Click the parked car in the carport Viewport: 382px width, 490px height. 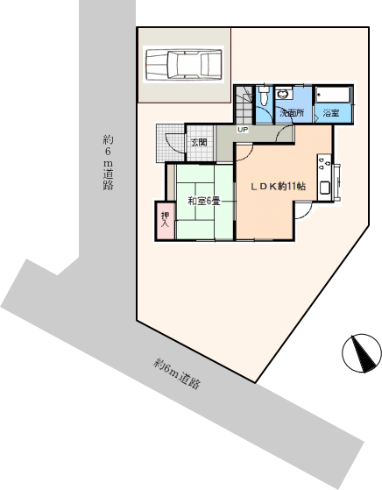pyautogui.click(x=184, y=64)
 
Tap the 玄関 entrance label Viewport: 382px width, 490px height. pyautogui.click(x=199, y=143)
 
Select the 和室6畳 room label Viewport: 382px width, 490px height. pyautogui.click(x=204, y=201)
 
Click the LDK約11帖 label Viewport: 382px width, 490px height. pyautogui.click(x=279, y=186)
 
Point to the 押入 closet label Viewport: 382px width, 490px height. pyautogui.click(x=165, y=220)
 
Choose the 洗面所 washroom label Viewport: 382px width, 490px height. pyautogui.click(x=292, y=113)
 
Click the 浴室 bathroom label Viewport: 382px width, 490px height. pyautogui.click(x=331, y=113)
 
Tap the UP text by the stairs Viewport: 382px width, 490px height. pyautogui.click(x=243, y=130)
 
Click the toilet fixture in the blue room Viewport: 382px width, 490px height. pyautogui.click(x=264, y=96)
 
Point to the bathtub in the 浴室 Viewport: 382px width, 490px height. pyautogui.click(x=333, y=95)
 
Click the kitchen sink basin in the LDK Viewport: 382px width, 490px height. pyautogui.click(x=325, y=188)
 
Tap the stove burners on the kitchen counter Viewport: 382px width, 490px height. pyautogui.click(x=324, y=163)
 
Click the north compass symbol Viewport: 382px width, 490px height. pyautogui.click(x=362, y=352)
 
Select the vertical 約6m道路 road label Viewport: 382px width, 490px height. pyautogui.click(x=108, y=162)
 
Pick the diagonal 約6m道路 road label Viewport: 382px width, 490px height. pyautogui.click(x=176, y=373)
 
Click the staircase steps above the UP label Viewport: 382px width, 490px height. pyautogui.click(x=244, y=105)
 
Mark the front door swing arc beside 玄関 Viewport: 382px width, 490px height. pyautogui.click(x=173, y=144)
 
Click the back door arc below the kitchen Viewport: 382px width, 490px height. pyautogui.click(x=302, y=210)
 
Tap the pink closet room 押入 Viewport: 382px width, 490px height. pyautogui.click(x=166, y=221)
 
